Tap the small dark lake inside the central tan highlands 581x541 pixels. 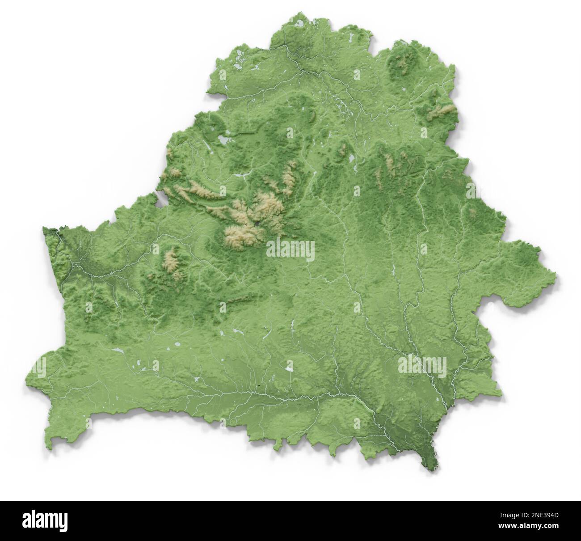(x=258, y=222)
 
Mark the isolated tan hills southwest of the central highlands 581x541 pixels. (x=172, y=264)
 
